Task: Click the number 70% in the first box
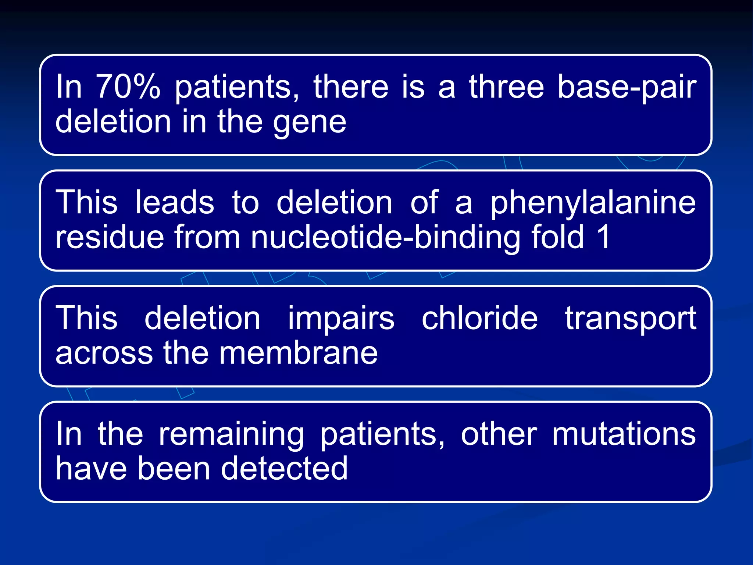pyautogui.click(x=128, y=87)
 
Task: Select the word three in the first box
pyautogui.click(x=506, y=87)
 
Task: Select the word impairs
pyautogui.click(x=341, y=319)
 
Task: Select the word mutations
pyautogui.click(x=624, y=434)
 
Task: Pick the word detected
pyautogui.click(x=284, y=469)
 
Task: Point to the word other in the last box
pyautogui.click(x=499, y=434)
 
